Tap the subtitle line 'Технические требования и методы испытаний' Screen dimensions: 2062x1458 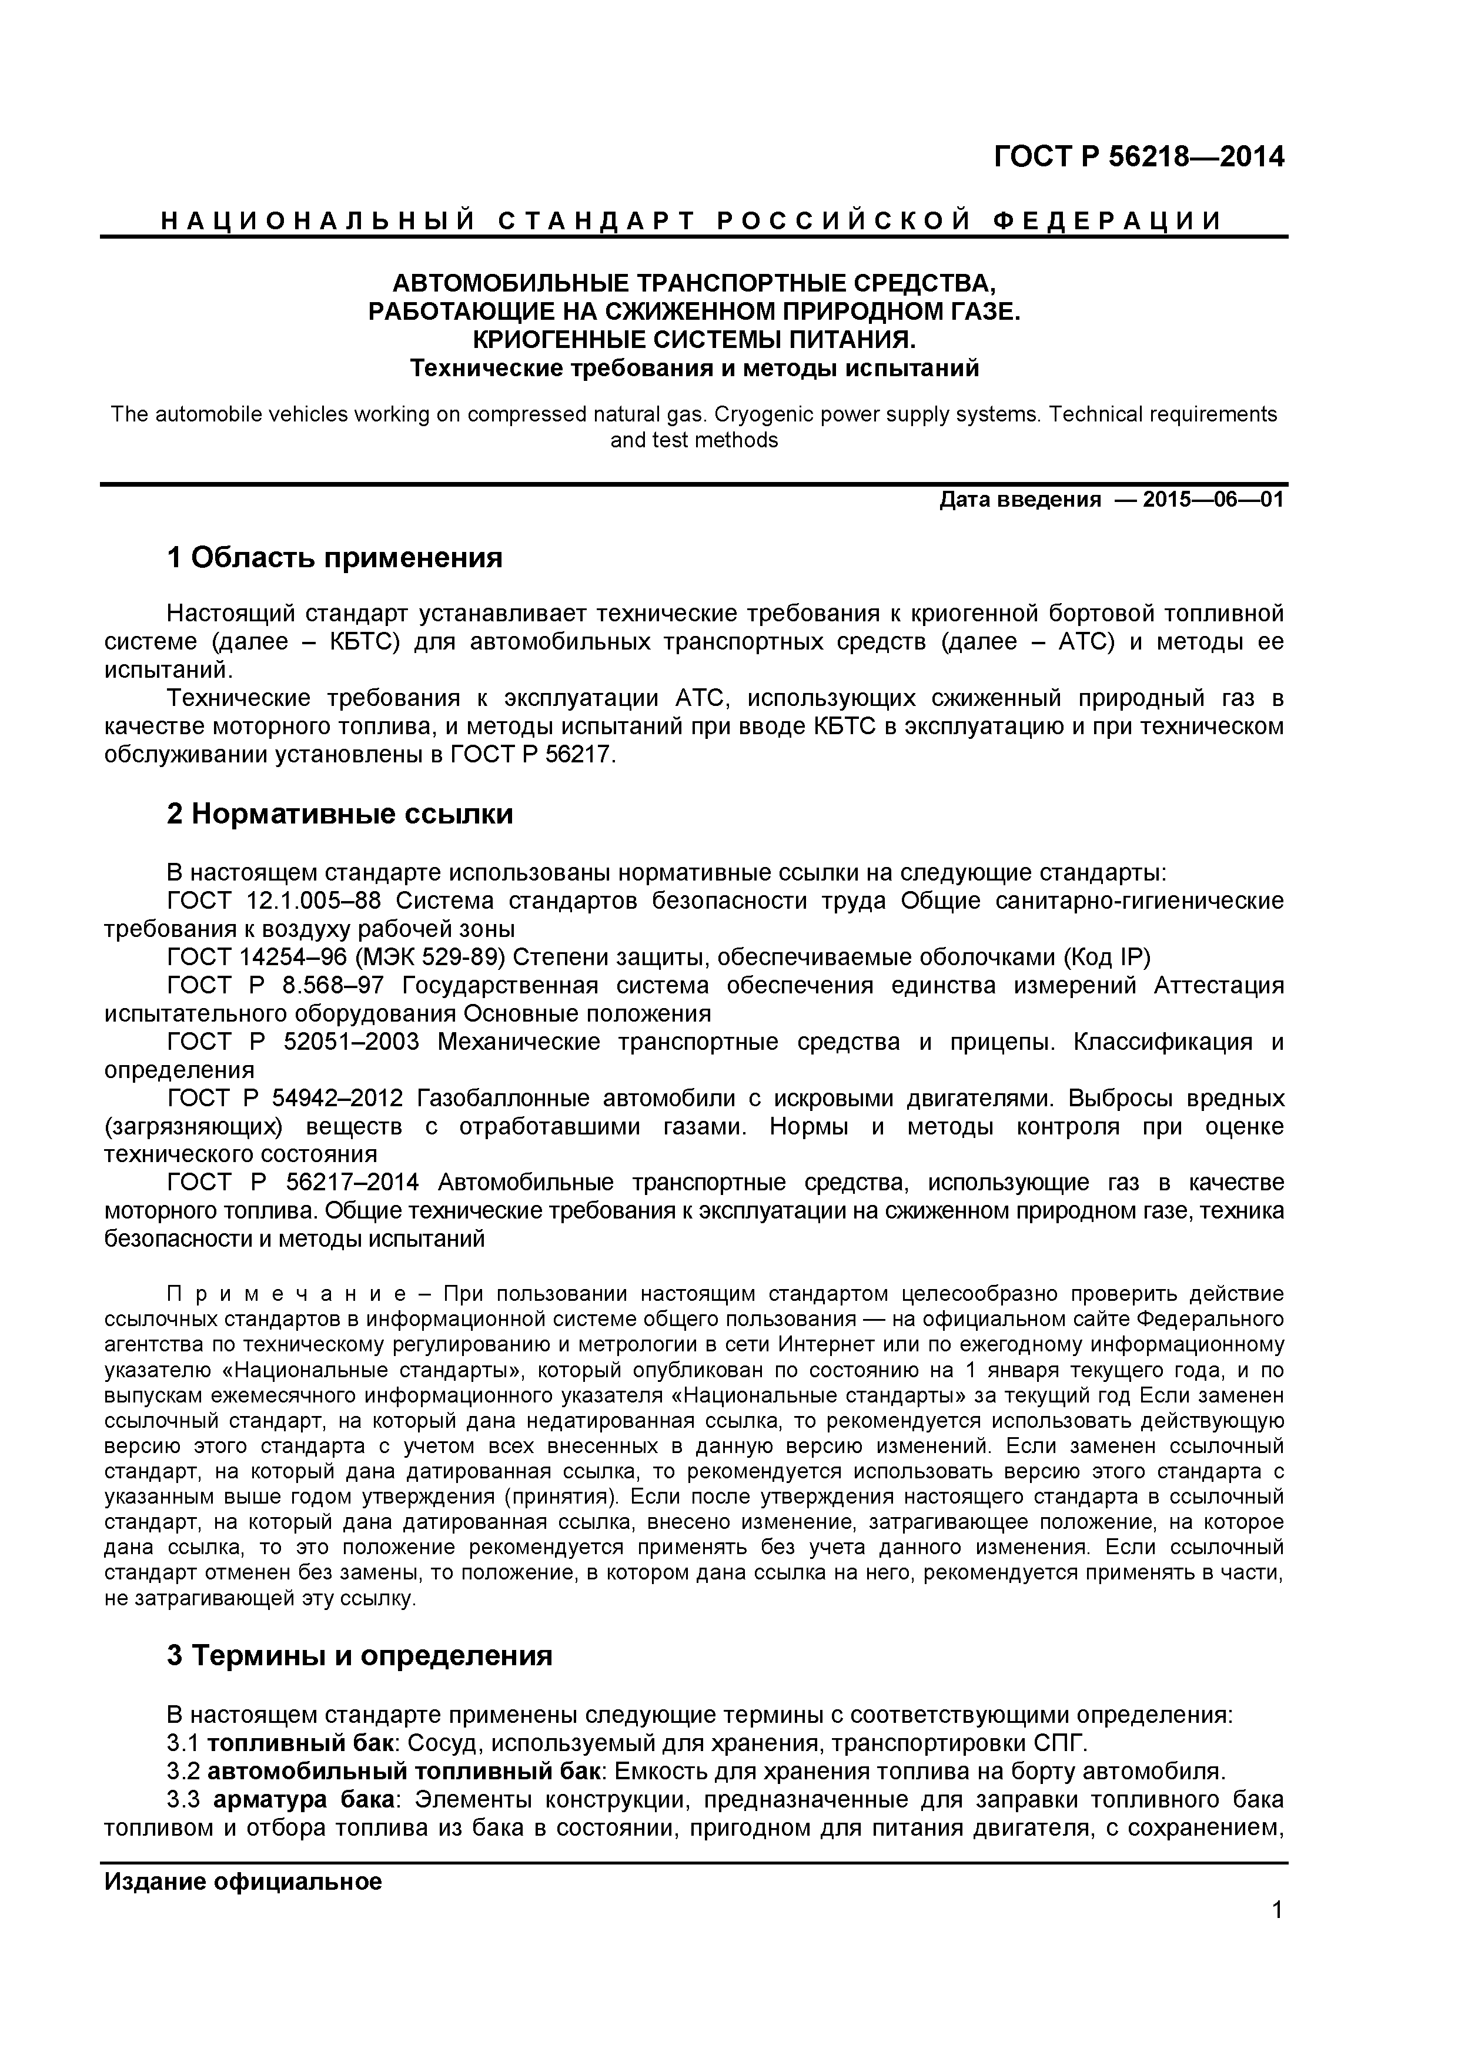[694, 368]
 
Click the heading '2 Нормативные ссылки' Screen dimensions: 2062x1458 [340, 814]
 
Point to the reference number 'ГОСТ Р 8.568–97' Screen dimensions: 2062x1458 [276, 985]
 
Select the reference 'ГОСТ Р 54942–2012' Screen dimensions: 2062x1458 [293, 1099]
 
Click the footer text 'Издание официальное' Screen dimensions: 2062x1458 [243, 1882]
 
